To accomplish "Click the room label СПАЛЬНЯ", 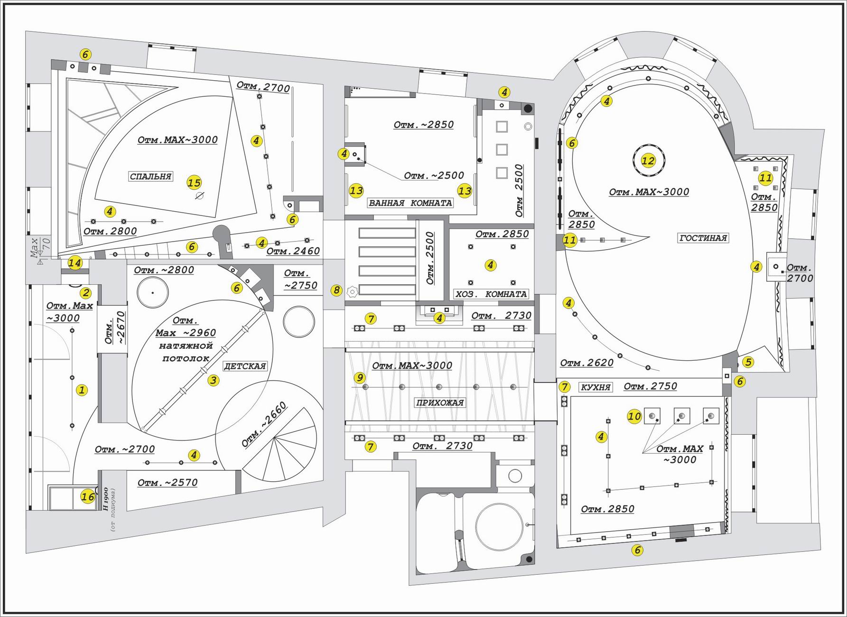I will pos(151,177).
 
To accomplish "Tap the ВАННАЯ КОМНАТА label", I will pos(410,203).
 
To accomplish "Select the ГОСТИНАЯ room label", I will pos(703,238).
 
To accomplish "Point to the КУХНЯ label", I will pos(596,387).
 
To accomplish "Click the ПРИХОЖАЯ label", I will pos(440,403).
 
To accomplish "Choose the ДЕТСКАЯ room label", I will pos(244,366).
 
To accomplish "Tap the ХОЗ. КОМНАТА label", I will pos(491,294).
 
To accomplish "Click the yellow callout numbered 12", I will pos(648,161).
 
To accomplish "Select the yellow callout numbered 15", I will pos(194,183).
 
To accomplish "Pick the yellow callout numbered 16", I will pos(87,497).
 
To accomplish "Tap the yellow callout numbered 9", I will pos(360,378).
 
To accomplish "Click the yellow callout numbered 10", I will pos(634,417).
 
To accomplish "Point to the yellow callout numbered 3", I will pos(214,380).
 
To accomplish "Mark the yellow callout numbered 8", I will pos(336,290).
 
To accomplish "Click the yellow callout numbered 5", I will pos(748,363).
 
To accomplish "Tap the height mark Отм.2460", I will pos(293,252).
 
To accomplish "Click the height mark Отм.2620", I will pos(586,364).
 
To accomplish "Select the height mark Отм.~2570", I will pos(168,483).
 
